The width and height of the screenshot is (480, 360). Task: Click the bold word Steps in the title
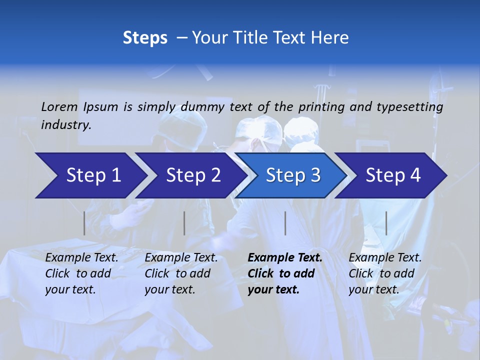pyautogui.click(x=145, y=38)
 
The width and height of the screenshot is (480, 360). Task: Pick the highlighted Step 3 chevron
pyautogui.click(x=293, y=175)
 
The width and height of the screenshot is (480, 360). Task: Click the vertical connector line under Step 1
pyautogui.click(x=84, y=223)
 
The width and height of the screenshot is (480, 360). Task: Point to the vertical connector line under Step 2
pyautogui.click(x=184, y=223)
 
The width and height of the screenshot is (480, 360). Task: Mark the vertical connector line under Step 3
pyautogui.click(x=285, y=223)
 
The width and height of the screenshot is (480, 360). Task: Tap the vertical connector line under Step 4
pyautogui.click(x=386, y=223)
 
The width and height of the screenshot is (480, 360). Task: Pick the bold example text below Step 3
pyautogui.click(x=284, y=273)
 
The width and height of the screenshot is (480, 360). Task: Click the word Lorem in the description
pyautogui.click(x=59, y=106)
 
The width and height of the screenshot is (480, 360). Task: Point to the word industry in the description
pyautogui.click(x=66, y=125)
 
